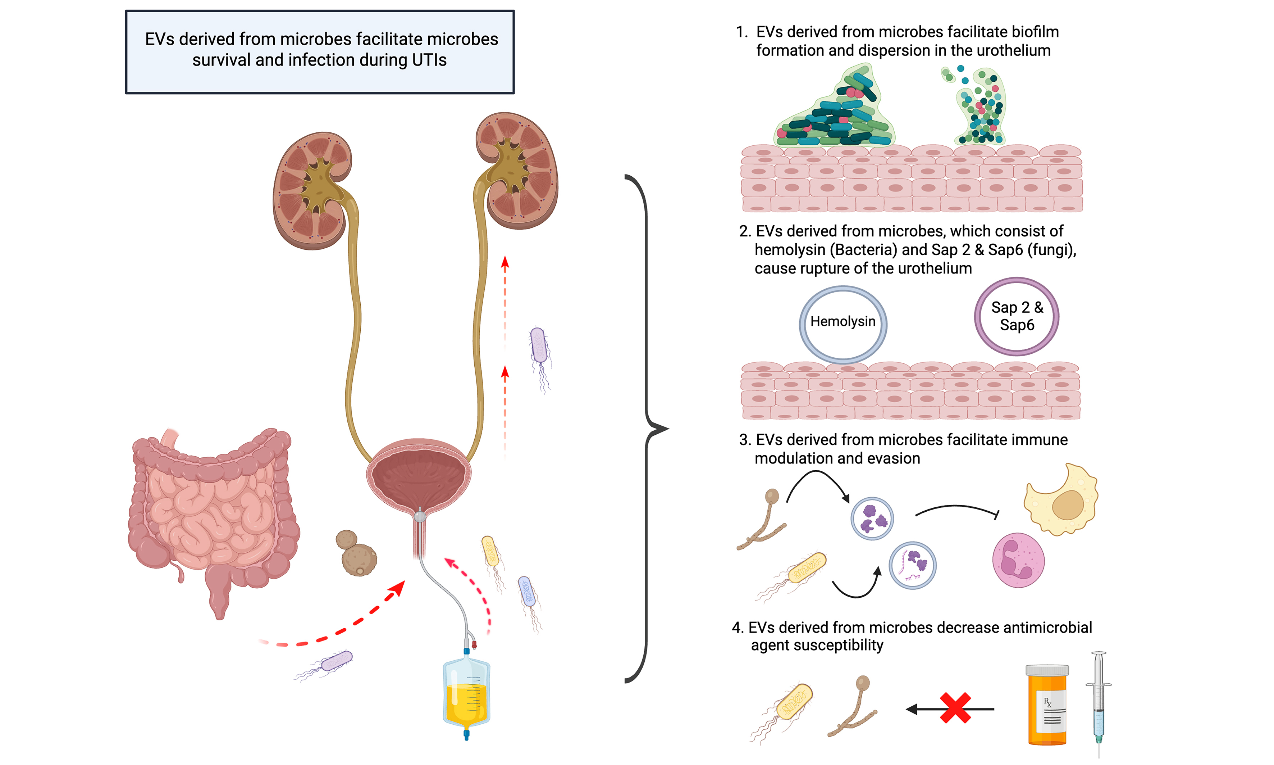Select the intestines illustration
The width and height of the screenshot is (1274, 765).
click(211, 510)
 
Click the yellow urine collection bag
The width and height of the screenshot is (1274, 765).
click(466, 693)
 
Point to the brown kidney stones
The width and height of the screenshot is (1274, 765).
click(357, 554)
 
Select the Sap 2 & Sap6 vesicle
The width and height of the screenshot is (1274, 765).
click(1017, 317)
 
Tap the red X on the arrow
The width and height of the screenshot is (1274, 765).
click(955, 708)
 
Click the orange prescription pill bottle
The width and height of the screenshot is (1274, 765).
click(1047, 706)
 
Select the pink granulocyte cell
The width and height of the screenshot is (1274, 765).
click(1018, 560)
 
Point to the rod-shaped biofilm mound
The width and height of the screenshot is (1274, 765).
click(835, 113)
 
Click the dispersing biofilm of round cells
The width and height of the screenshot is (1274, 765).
click(979, 106)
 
